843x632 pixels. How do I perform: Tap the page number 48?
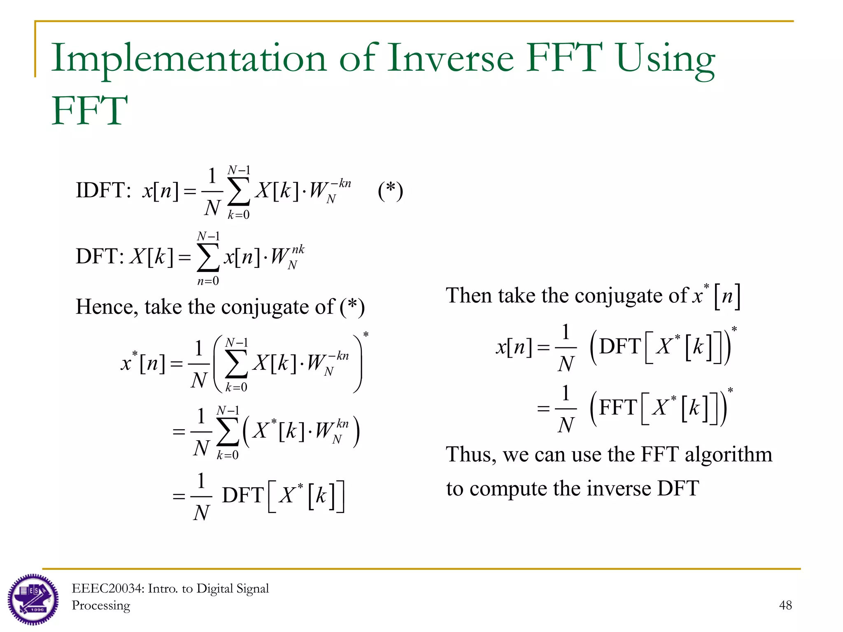(785, 605)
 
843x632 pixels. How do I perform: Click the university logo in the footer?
(33, 599)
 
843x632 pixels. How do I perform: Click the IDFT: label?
(103, 191)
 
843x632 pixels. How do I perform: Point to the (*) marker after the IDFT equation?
(390, 191)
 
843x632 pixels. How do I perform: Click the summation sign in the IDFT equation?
(239, 191)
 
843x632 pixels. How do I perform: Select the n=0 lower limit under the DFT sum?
(208, 281)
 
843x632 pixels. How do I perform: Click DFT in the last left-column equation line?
(243, 495)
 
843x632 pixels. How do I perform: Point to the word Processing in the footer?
(101, 606)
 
